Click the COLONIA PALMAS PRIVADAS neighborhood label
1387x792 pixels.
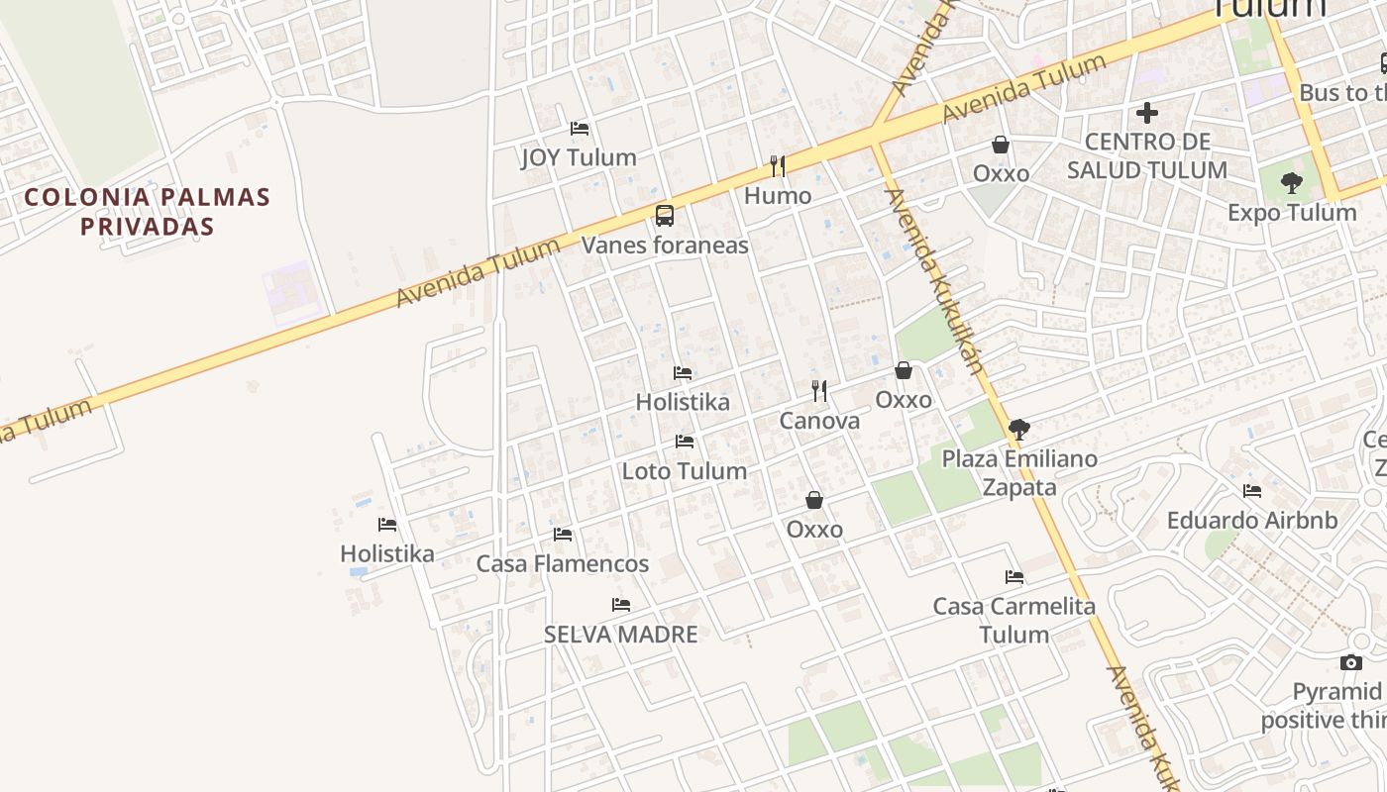tap(147, 211)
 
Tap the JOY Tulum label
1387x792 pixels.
tap(579, 157)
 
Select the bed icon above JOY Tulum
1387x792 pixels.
tap(580, 129)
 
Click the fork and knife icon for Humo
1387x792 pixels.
tap(778, 165)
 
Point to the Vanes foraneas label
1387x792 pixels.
tap(665, 245)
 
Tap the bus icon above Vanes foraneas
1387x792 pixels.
tap(665, 215)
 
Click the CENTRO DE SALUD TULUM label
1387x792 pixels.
tap(1147, 155)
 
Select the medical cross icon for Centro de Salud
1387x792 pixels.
tap(1147, 113)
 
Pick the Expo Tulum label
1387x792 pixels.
tap(1292, 213)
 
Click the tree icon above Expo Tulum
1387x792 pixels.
tap(1291, 183)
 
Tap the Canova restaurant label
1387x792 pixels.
tap(819, 421)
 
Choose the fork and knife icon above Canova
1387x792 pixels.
tap(819, 391)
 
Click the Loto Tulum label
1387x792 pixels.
tap(685, 471)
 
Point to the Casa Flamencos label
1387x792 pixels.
tap(563, 564)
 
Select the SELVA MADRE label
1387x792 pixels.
tap(621, 635)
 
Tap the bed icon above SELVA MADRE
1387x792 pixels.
tap(621, 605)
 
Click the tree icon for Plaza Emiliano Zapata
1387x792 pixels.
tap(1018, 430)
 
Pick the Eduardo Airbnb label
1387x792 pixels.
tap(1252, 521)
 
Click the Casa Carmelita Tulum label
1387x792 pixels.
tap(1014, 620)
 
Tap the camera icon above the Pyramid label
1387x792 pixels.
tap(1351, 662)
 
